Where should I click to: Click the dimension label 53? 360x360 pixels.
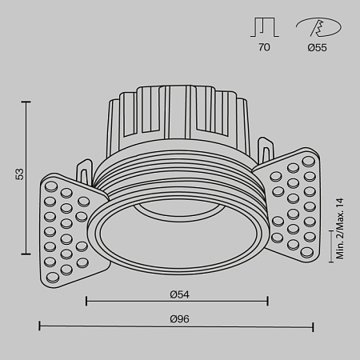point(18,174)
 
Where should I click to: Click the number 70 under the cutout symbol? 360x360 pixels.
point(264,48)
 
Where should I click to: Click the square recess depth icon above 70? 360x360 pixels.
point(264,28)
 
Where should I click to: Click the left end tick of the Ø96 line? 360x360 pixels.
point(40,327)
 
